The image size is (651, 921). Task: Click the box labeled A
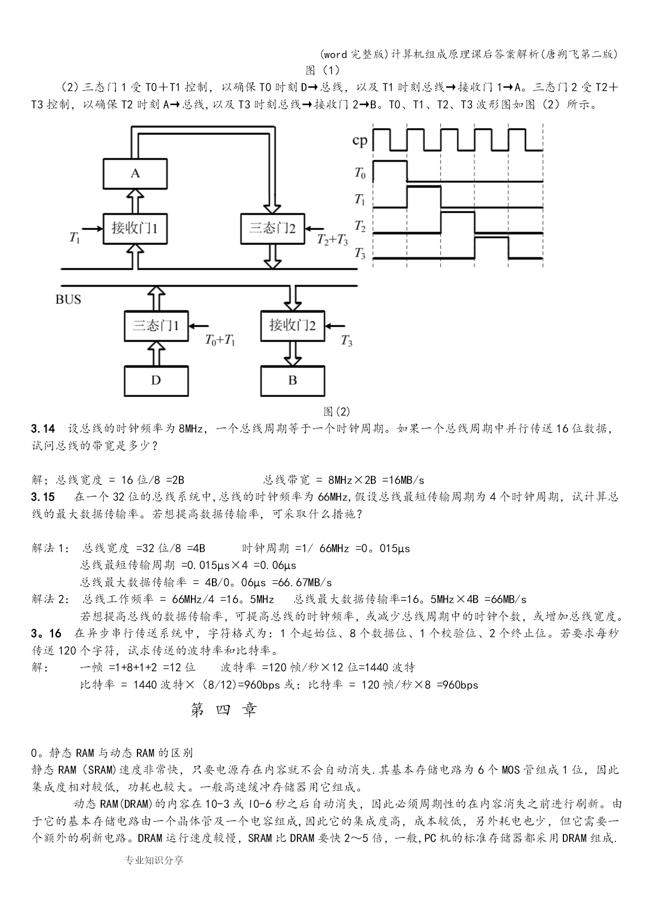tap(135, 173)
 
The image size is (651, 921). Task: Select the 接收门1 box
tap(135, 228)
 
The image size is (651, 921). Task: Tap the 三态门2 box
tap(272, 228)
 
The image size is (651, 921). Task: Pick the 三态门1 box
tap(156, 326)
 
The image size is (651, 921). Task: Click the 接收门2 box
tap(292, 326)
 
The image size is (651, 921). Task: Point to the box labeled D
tap(156, 381)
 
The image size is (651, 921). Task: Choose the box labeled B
tap(292, 381)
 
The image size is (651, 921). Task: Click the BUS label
tap(68, 300)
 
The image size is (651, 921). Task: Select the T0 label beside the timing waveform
tap(360, 172)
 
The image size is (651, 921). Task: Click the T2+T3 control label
tap(332, 240)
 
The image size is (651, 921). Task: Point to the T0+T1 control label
tap(220, 340)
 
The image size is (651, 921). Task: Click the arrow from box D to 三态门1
tap(156, 353)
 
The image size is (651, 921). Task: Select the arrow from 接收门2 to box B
tap(292, 353)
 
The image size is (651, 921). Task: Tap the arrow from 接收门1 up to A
tap(135, 201)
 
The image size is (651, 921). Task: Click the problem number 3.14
tap(43, 428)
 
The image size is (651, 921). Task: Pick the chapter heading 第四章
tap(224, 710)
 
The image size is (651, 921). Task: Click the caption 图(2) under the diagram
tap(337, 411)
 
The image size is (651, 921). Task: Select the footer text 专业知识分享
tap(154, 860)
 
